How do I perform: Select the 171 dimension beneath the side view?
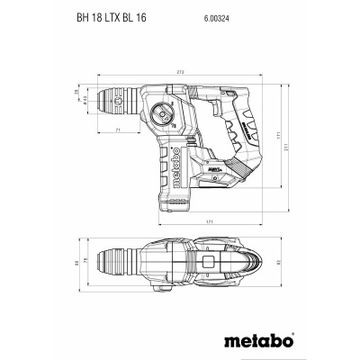(208, 220)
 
